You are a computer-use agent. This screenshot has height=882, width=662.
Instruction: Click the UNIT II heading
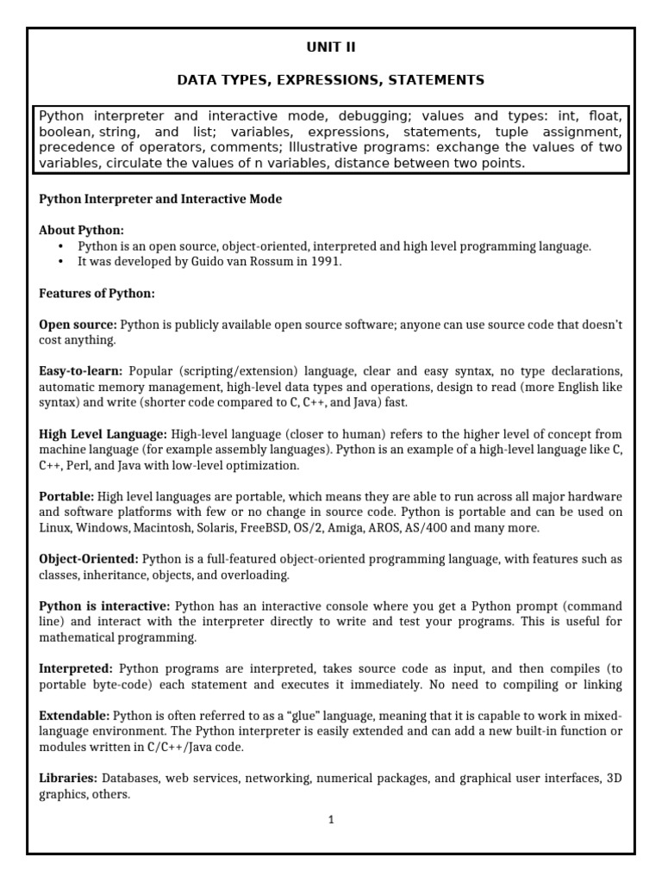(x=330, y=47)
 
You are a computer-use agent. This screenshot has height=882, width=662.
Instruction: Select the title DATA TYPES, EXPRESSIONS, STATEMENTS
(x=330, y=80)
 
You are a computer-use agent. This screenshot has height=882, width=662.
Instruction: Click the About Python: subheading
(x=81, y=230)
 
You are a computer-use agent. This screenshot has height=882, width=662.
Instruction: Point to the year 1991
(x=325, y=262)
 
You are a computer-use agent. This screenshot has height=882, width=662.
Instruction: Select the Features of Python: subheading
(x=97, y=294)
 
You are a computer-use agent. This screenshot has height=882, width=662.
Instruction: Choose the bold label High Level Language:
(x=103, y=434)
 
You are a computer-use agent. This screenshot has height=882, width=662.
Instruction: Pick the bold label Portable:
(x=66, y=497)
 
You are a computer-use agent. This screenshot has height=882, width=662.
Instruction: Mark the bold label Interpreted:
(x=76, y=668)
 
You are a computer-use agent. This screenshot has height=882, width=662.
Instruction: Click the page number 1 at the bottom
(x=330, y=820)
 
